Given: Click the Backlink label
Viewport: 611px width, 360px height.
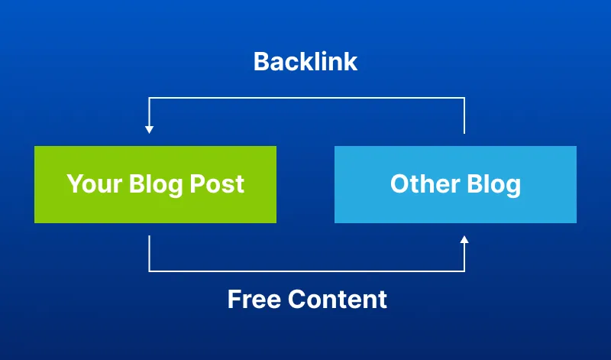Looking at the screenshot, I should point(305,62).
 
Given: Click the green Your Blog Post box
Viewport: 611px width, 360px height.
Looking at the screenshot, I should point(155,184).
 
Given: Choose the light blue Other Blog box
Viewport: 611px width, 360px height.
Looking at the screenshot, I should point(455,184).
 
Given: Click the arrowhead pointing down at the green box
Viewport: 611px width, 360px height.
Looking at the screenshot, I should point(150,129).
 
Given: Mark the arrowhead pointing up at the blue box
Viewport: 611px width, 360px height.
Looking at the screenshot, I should point(464,240).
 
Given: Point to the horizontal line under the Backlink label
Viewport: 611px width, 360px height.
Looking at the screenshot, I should point(305,98).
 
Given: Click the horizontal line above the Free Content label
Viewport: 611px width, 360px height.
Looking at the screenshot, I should point(305,271).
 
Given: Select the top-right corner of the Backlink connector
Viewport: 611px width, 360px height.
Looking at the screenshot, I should point(464,98).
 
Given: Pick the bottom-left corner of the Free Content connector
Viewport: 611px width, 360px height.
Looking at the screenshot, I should point(150,271).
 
